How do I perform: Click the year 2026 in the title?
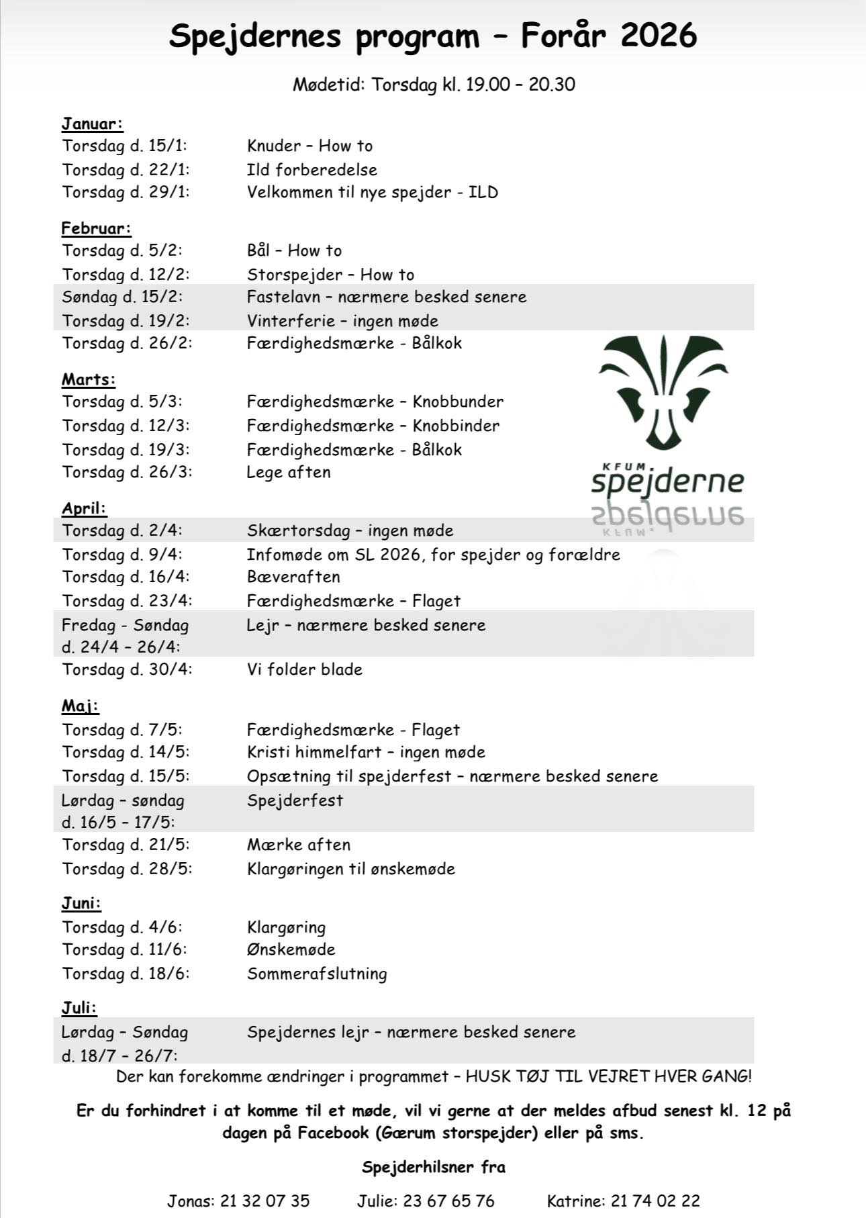659,36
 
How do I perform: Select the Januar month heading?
93,124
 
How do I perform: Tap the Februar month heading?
96,228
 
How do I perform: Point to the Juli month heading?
79,1008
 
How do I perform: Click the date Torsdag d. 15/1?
126,146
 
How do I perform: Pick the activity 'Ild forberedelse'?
311,169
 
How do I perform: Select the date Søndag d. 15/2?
122,297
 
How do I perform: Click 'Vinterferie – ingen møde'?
342,321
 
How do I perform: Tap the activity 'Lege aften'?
289,472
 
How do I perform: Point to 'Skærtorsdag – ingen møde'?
350,530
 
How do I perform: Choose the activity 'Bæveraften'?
293,577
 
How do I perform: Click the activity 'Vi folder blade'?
305,669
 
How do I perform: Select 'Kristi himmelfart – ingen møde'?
366,752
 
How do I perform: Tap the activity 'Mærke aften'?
299,845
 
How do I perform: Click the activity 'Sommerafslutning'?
317,974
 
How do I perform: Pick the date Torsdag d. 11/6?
126,949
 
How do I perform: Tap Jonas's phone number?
265,1201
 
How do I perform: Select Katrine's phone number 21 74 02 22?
655,1201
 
